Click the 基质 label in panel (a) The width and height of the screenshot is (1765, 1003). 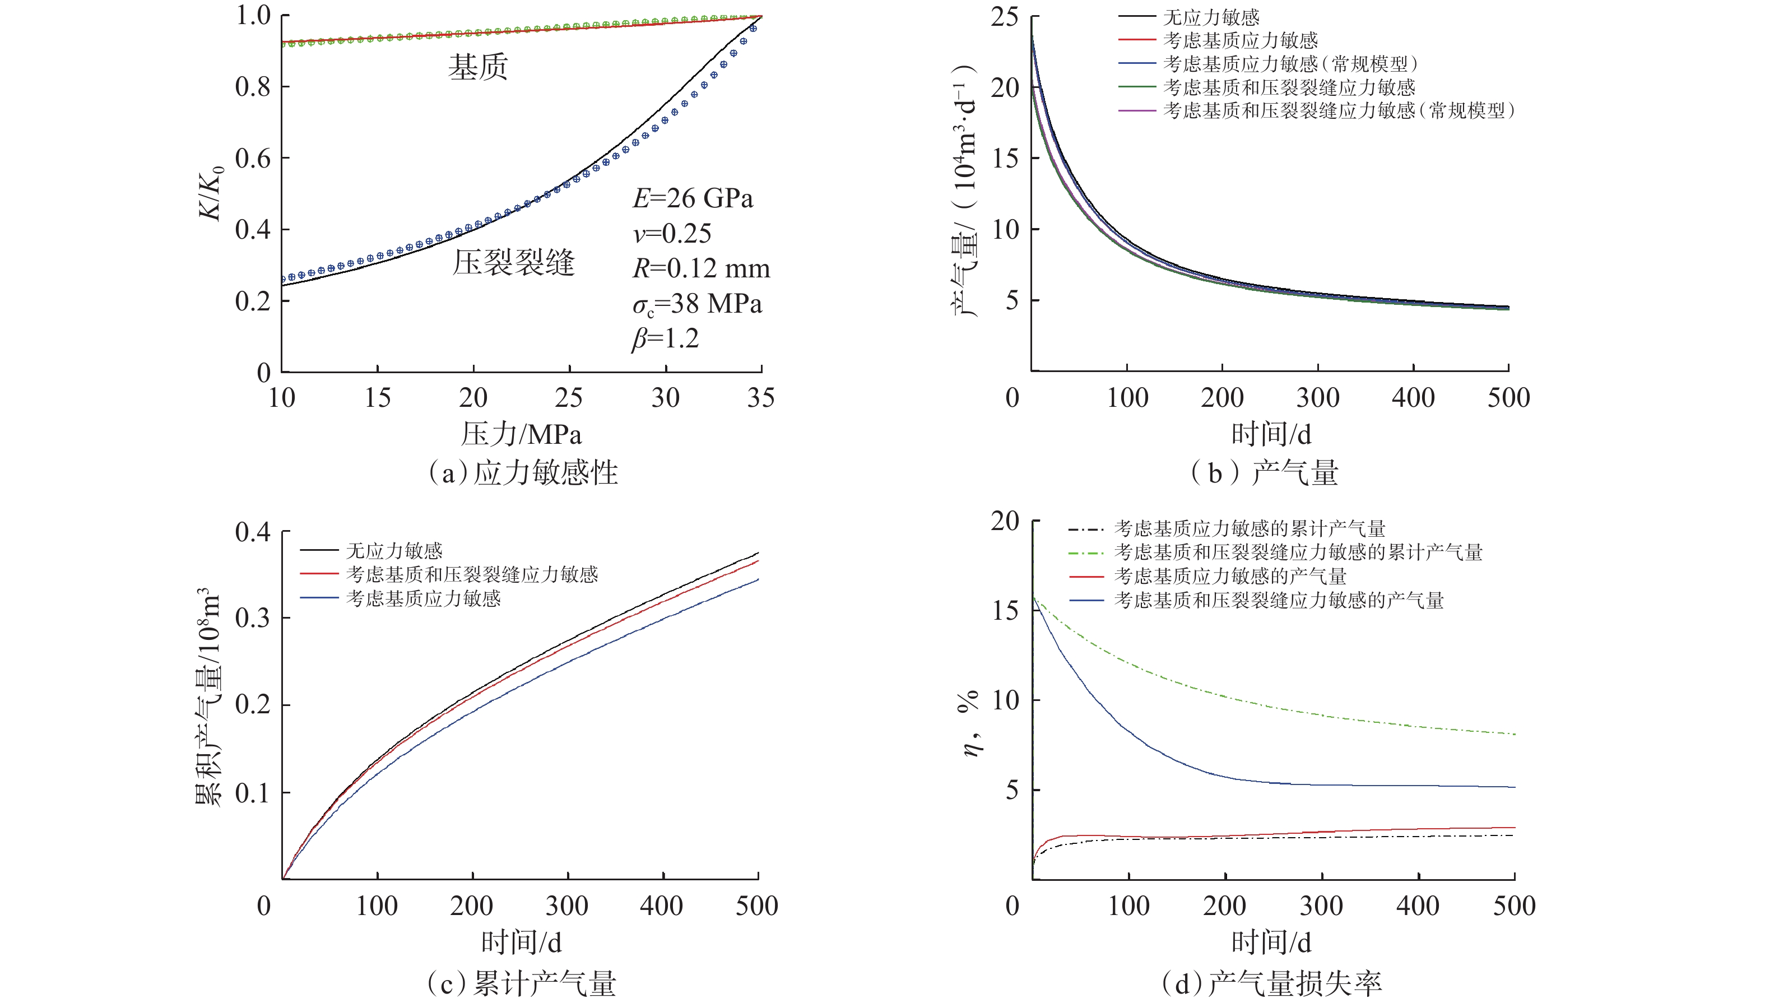(478, 67)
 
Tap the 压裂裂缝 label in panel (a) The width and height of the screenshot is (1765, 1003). (513, 262)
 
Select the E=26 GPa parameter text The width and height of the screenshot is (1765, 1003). (693, 198)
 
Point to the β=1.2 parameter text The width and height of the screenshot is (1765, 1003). (665, 338)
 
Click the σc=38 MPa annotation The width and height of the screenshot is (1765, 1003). (697, 304)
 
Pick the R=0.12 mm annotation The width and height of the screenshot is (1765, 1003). (701, 268)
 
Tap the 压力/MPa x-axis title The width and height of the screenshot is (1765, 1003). (521, 434)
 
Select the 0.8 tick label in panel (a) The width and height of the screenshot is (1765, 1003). (253, 87)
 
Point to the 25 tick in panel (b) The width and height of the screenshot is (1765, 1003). (1004, 17)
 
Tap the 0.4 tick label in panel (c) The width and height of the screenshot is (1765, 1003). (253, 532)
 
